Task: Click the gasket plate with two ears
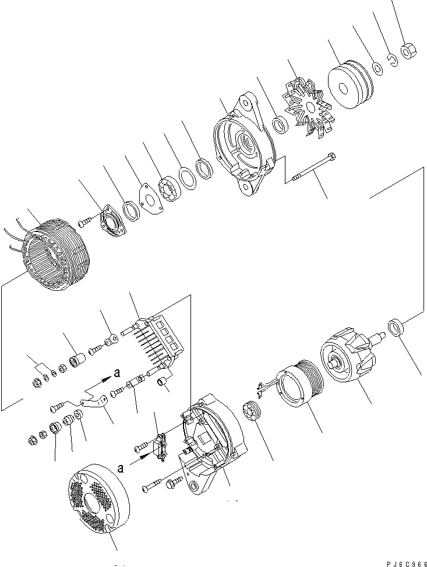click(151, 199)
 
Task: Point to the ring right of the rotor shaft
click(396, 328)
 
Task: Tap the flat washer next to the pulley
click(378, 69)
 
